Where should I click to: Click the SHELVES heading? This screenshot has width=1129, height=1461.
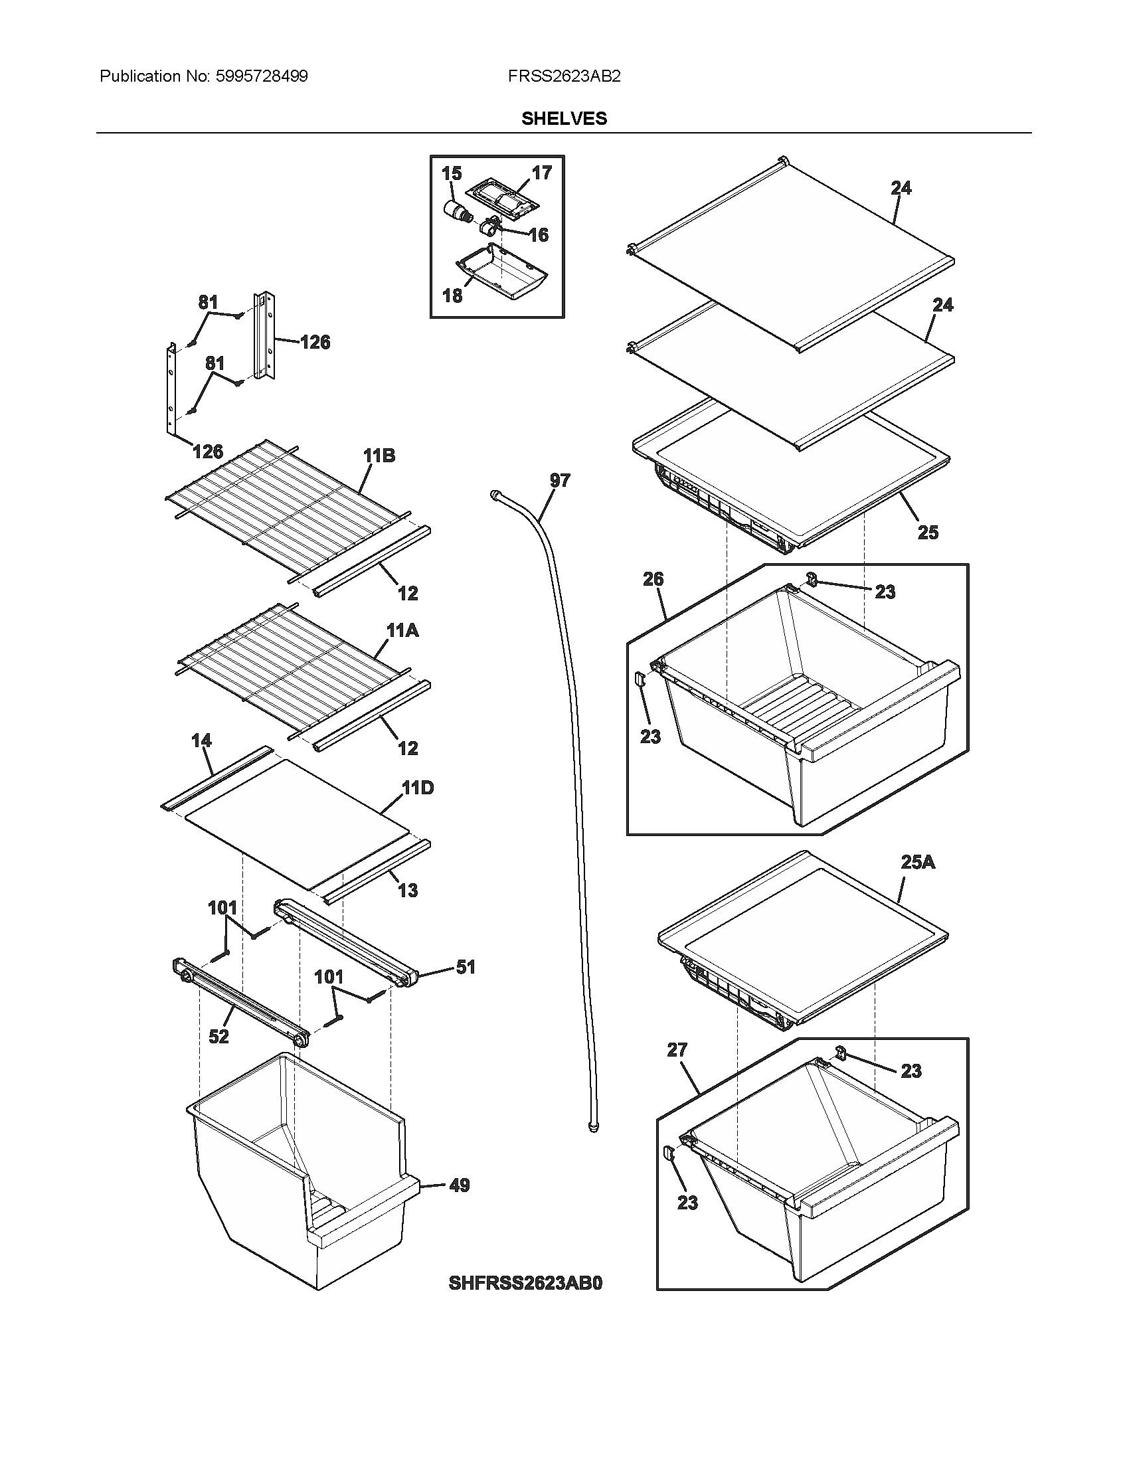(x=564, y=118)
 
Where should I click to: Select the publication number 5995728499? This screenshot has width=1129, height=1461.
(x=261, y=76)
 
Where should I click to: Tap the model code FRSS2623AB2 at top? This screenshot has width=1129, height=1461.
(x=564, y=76)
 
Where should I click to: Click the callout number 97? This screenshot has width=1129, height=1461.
(x=560, y=479)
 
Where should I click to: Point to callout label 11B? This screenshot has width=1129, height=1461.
(x=379, y=456)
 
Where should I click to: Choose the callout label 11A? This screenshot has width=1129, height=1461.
(x=402, y=630)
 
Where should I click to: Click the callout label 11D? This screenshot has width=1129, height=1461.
(x=417, y=788)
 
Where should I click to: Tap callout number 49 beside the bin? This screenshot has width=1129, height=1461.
(x=459, y=1185)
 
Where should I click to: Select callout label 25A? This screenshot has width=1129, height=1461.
(x=918, y=862)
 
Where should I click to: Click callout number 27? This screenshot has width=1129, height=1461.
(x=677, y=1051)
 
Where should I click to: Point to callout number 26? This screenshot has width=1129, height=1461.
(x=653, y=579)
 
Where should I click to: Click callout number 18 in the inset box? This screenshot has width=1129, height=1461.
(x=452, y=295)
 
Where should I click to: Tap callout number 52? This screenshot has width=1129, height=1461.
(x=218, y=1037)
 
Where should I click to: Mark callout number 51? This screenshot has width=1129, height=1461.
(x=466, y=967)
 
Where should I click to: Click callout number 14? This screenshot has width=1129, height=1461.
(x=201, y=740)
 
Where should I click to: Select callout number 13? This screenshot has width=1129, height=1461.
(x=408, y=891)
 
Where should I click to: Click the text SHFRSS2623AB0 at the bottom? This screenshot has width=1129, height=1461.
(x=526, y=1283)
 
